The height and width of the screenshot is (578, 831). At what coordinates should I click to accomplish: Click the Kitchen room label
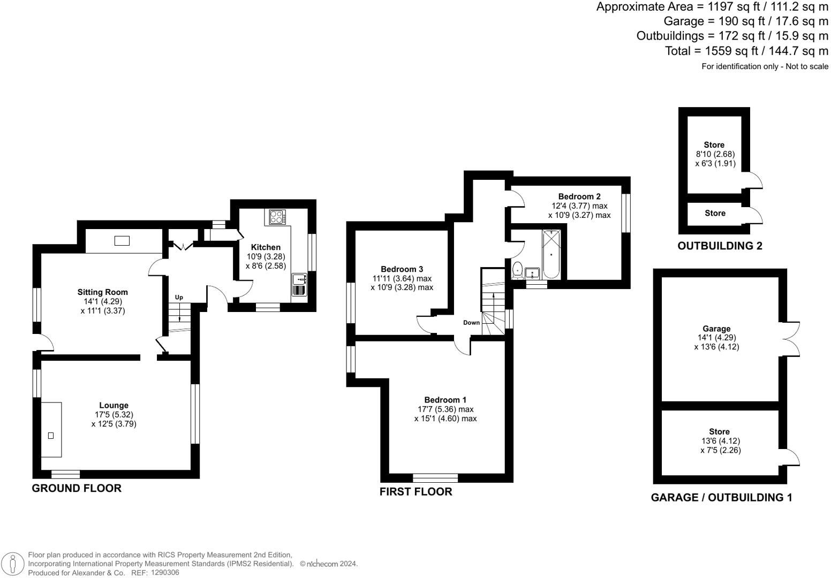[266, 247]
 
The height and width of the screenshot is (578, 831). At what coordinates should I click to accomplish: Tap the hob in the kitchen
[277, 217]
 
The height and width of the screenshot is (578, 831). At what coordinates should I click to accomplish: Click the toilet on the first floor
[517, 270]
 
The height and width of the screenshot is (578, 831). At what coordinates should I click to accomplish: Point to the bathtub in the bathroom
[551, 254]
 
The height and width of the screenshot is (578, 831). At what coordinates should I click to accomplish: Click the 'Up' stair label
[179, 298]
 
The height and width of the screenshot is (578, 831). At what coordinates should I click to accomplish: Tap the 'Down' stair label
[471, 323]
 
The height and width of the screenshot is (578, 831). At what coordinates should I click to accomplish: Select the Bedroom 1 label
[445, 400]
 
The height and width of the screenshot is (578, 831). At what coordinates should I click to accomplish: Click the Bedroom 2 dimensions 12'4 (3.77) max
[579, 206]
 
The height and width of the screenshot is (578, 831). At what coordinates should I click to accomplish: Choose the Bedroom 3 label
[402, 269]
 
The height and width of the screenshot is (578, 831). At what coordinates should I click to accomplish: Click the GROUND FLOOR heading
[77, 488]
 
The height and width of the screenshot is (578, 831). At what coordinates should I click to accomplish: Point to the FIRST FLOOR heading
[415, 491]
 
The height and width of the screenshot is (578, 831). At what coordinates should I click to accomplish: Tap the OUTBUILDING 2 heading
[720, 246]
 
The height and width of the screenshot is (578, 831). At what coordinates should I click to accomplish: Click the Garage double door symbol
[791, 338]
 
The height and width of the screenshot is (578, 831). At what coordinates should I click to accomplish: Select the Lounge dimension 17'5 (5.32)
[114, 415]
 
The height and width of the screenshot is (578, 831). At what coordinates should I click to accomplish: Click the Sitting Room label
[103, 292]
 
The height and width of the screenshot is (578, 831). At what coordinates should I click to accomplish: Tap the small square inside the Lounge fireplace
[51, 435]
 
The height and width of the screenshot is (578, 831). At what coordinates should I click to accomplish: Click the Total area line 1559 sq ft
[746, 51]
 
